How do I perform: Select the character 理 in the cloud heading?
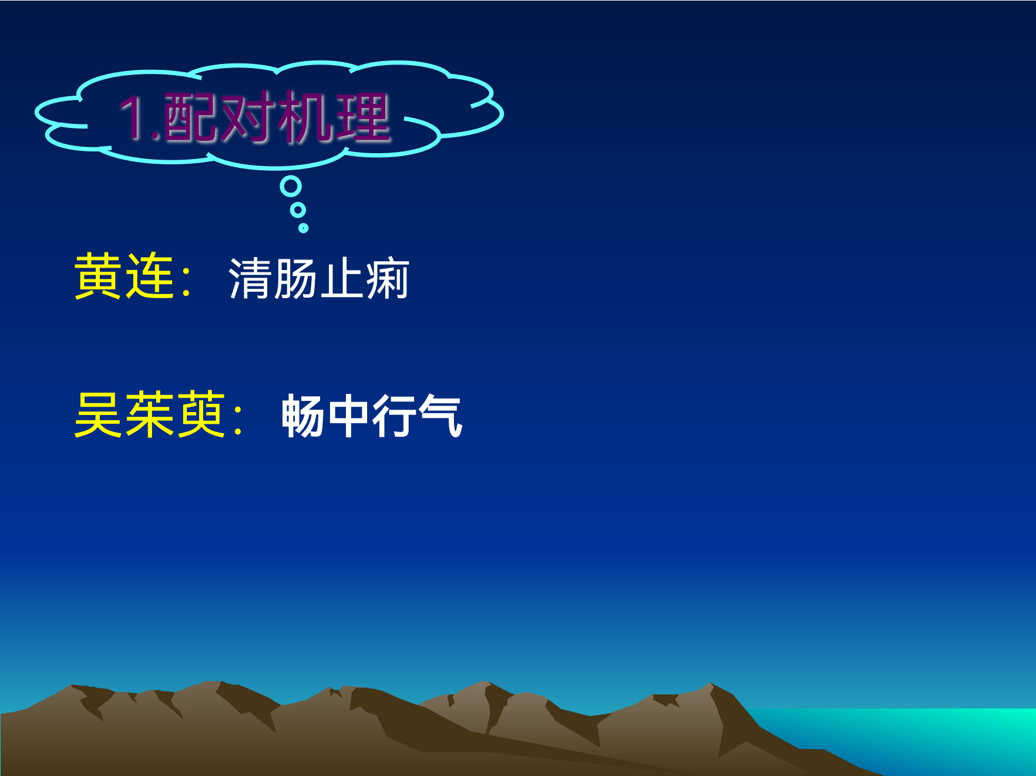(362, 117)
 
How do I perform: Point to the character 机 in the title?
(305, 117)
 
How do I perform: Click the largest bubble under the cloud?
(291, 187)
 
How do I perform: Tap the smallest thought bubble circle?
(303, 228)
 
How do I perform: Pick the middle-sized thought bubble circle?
(298, 210)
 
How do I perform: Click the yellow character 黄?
(98, 276)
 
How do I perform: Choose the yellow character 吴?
(98, 414)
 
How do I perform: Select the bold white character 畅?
(303, 416)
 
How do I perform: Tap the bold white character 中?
(349, 416)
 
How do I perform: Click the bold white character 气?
(440, 416)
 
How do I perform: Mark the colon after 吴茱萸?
(238, 419)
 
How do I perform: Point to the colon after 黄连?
(187, 281)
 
